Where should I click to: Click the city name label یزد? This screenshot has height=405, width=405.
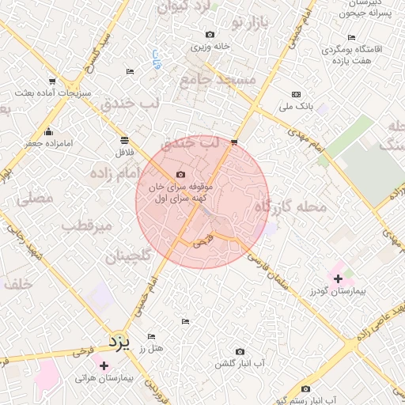pyautogui.click(x=117, y=342)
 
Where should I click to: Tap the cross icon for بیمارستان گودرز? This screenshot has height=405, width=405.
pyautogui.click(x=338, y=278)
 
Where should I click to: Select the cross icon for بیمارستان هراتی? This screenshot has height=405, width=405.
pyautogui.click(x=104, y=365)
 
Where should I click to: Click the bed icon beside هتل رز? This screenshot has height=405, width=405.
pyautogui.click(x=151, y=335)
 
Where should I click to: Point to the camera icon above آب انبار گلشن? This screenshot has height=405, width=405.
pyautogui.click(x=240, y=351)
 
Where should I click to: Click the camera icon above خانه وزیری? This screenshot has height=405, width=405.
pyautogui.click(x=210, y=34)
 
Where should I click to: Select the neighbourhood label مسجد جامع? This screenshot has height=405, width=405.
pyautogui.click(x=218, y=79)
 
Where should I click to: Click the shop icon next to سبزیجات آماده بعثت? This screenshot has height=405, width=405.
pyautogui.click(x=53, y=81)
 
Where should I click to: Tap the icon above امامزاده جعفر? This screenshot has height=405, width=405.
pyautogui.click(x=49, y=131)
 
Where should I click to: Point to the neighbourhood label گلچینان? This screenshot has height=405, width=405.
pyautogui.click(x=127, y=256)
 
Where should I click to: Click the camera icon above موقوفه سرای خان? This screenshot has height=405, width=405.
pyautogui.click(x=180, y=174)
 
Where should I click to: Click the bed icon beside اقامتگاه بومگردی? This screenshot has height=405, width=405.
pyautogui.click(x=351, y=37)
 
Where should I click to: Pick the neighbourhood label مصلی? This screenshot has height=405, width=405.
pyautogui.click(x=33, y=199)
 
